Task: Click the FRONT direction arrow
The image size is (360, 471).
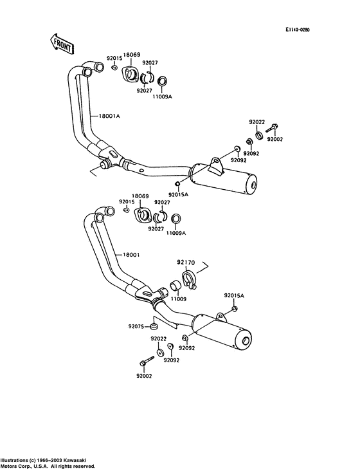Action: pyautogui.click(x=61, y=44)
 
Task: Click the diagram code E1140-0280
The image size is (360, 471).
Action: pyautogui.click(x=297, y=30)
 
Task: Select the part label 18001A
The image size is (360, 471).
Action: pyautogui.click(x=109, y=116)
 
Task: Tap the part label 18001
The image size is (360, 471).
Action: pyautogui.click(x=131, y=255)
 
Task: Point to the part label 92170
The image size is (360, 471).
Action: pyautogui.click(x=186, y=263)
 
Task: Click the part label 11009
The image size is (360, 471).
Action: pyautogui.click(x=178, y=299)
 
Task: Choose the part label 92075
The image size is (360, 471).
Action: pyautogui.click(x=137, y=326)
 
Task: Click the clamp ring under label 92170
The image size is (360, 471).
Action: pyautogui.click(x=189, y=279)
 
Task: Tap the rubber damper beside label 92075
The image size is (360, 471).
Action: pyautogui.click(x=154, y=326)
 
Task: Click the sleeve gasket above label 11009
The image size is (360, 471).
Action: pyautogui.click(x=175, y=285)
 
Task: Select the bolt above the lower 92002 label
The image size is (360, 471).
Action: pyautogui.click(x=147, y=361)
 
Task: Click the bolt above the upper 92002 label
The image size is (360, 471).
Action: pyautogui.click(x=272, y=128)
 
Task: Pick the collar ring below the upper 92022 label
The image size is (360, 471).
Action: pyautogui.click(x=259, y=135)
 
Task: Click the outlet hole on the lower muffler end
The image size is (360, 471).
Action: pyautogui.click(x=246, y=342)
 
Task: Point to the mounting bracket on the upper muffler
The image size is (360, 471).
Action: pyautogui.click(x=217, y=166)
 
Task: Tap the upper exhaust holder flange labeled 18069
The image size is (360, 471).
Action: pyautogui.click(x=130, y=73)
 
